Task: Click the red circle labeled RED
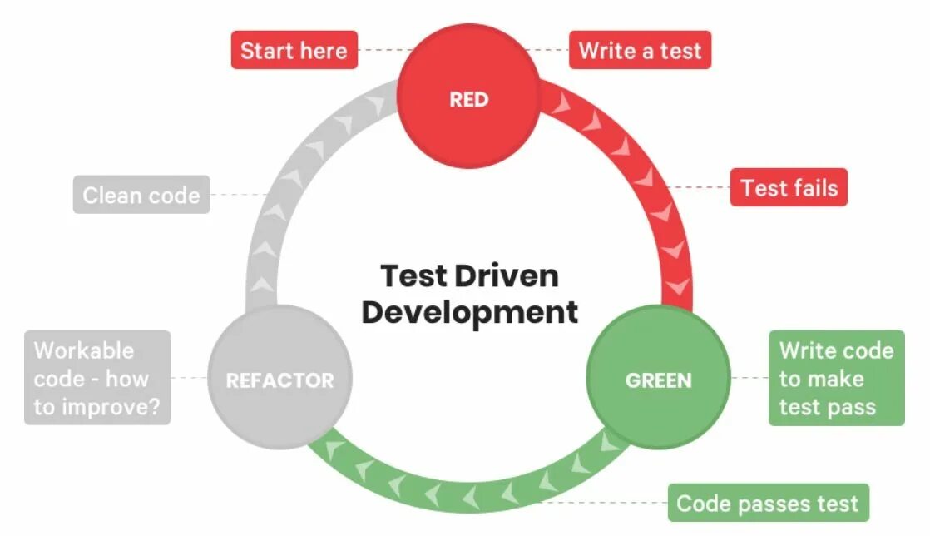468,99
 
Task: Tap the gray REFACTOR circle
279,380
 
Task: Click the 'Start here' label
294,50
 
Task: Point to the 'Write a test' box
640,50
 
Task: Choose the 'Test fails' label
789,187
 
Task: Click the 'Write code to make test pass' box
836,378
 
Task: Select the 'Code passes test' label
768,503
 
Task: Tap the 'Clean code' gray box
141,195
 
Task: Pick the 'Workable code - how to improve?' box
97,378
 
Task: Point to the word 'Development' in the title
469,312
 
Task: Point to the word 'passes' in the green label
779,503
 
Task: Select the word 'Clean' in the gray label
111,195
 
